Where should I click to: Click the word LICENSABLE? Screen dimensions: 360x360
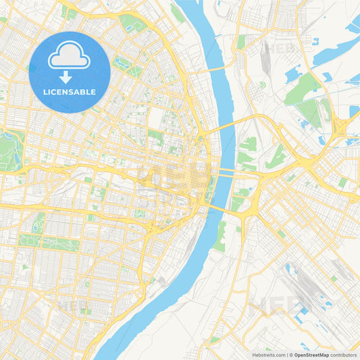(x=70, y=92)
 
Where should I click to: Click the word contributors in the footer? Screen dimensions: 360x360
(x=344, y=355)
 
